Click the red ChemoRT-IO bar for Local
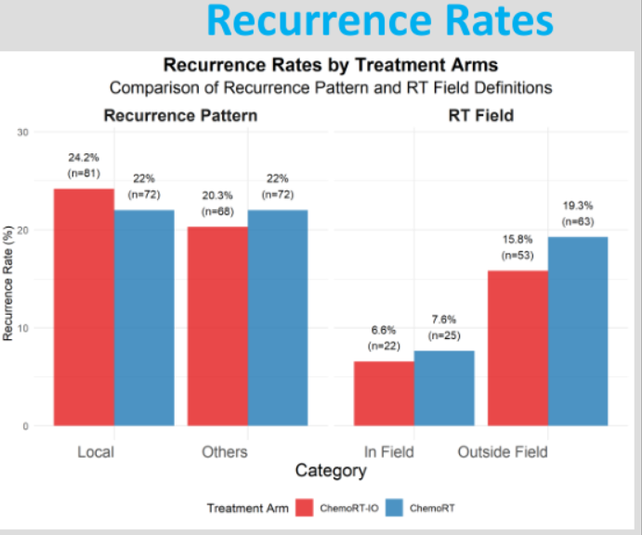(84, 307)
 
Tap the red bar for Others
(217, 326)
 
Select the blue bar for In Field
(444, 388)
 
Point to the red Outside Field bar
(518, 348)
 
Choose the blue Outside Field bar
(578, 332)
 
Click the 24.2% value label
(84, 157)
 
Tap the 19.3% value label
(578, 205)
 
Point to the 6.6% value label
(385, 330)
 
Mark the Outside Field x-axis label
(503, 452)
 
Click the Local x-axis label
(96, 452)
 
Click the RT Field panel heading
(480, 116)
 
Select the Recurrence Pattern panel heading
(180, 116)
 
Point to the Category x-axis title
(331, 471)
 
